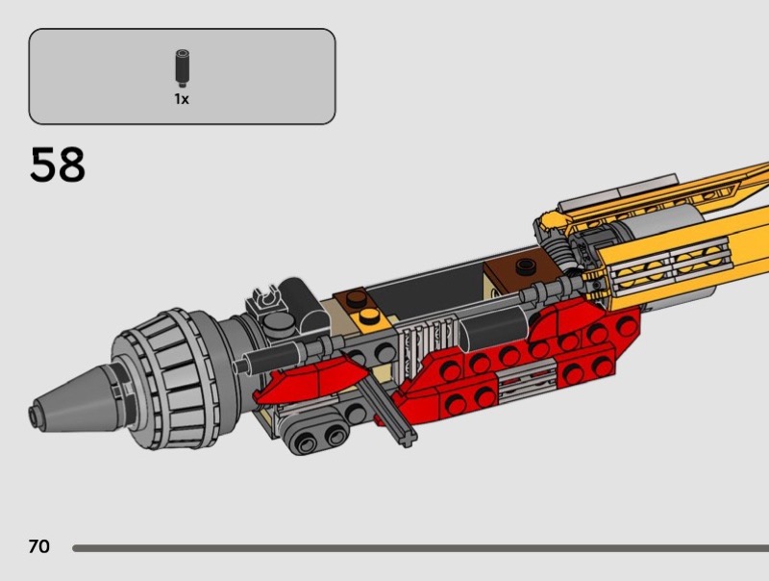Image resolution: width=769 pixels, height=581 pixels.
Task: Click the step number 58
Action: (58, 164)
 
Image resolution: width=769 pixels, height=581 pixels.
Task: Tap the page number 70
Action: (39, 546)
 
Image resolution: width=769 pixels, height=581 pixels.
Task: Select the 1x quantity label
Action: (182, 99)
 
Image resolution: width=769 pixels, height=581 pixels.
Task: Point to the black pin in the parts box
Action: (182, 67)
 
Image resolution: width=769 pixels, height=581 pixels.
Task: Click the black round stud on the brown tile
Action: (526, 265)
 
